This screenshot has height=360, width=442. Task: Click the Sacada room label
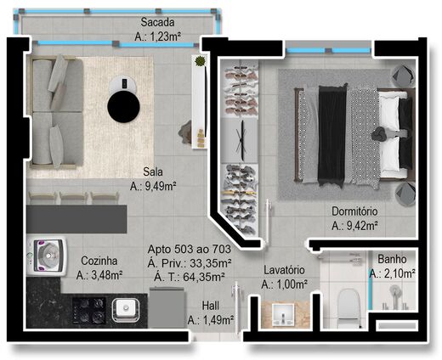pyautogui.click(x=159, y=22)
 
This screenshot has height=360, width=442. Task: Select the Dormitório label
pyautogui.click(x=354, y=211)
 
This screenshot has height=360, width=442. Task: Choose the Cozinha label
pyautogui.click(x=99, y=261)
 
